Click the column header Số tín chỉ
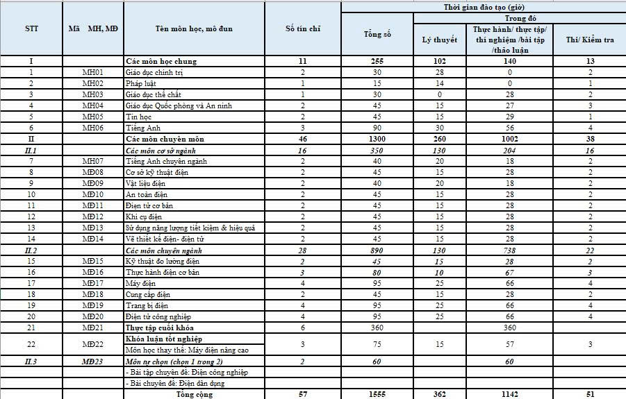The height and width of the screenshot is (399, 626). (303, 28)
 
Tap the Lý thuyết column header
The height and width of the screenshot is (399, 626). (440, 40)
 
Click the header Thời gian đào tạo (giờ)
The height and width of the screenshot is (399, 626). (484, 7)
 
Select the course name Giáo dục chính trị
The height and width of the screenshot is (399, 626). (154, 72)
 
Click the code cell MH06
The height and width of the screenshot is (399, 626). (93, 128)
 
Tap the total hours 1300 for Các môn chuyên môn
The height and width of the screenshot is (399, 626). (377, 139)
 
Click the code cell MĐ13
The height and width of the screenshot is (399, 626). (93, 228)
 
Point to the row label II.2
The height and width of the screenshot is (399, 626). (31, 250)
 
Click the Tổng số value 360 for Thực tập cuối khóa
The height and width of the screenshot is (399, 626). (377, 328)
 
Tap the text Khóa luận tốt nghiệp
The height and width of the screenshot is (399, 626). (164, 338)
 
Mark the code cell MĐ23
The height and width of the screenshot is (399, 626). (93, 361)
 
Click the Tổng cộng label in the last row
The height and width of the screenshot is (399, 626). (194, 394)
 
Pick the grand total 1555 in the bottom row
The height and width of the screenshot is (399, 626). (377, 394)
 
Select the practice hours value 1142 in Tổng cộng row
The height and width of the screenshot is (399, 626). (509, 394)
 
